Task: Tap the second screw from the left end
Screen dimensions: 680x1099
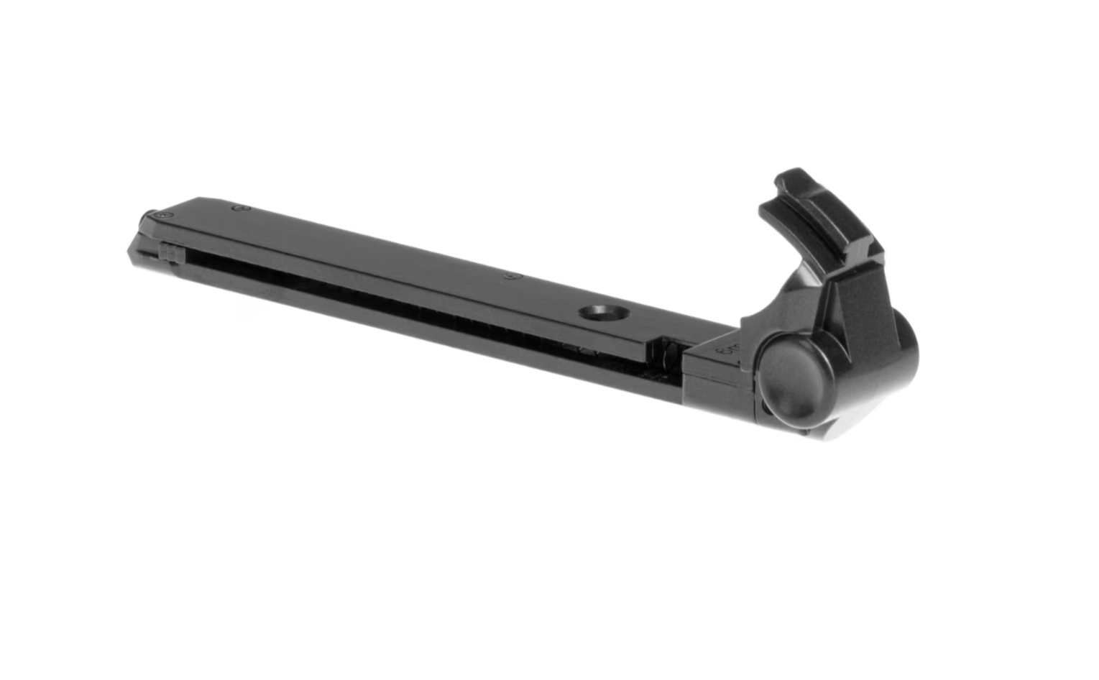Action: point(242,208)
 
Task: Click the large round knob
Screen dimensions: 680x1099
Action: point(793,377)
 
